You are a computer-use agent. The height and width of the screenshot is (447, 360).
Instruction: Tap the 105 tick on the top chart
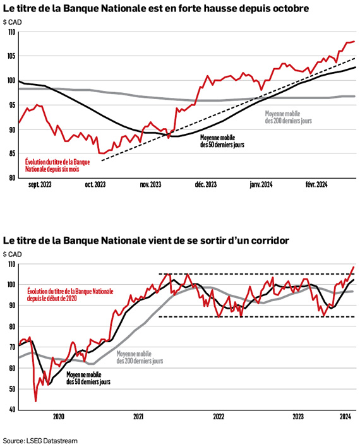11,56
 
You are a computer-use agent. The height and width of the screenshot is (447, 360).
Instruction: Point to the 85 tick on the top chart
12,153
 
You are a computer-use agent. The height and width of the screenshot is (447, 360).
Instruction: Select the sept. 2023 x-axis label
40,185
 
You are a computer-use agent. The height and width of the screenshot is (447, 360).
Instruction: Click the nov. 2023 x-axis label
150,185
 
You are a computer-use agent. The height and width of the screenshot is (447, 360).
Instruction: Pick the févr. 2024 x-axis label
316,185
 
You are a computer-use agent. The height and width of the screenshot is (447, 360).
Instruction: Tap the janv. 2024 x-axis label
261,185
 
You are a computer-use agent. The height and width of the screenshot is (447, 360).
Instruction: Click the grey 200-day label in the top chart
289,117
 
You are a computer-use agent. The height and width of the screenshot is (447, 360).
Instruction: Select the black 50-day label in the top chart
222,141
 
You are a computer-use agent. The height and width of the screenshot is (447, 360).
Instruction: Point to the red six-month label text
57,165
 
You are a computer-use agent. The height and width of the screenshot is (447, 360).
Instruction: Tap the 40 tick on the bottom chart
12,410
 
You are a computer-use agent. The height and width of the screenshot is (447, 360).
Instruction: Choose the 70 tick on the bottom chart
12,347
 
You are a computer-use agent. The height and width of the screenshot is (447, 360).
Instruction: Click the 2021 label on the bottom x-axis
138,417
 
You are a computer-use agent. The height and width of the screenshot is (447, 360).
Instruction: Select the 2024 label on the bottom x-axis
345,417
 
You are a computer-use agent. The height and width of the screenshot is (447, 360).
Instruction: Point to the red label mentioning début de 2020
70,295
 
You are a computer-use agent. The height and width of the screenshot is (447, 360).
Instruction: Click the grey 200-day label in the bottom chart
140,357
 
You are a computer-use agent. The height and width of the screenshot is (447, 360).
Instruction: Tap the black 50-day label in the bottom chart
88,378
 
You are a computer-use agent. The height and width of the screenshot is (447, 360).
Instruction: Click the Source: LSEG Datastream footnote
40,441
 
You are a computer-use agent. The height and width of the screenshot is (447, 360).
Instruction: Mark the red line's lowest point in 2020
35,402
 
